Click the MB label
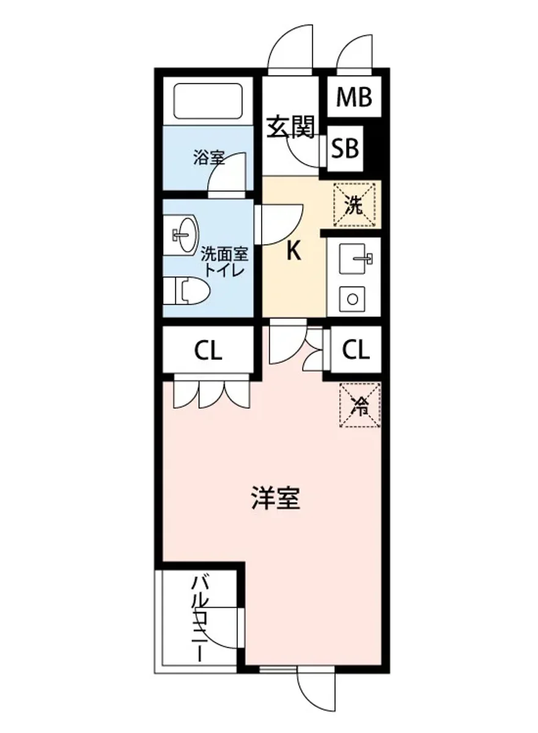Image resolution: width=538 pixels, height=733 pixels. coord(354,97)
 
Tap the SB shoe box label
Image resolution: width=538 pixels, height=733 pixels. coord(345,148)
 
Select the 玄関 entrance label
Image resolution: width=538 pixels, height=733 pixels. coord(290,126)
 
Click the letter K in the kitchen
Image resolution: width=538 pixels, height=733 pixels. coord(294,252)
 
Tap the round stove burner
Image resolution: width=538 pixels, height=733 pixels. coord(353,299)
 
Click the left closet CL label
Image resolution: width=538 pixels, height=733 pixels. coord(208,351)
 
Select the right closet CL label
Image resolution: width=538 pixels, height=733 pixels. coord(355,350)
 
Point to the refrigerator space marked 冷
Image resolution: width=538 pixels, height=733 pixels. coord(360,405)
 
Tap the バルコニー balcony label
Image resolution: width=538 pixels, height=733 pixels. coord(199,617)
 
